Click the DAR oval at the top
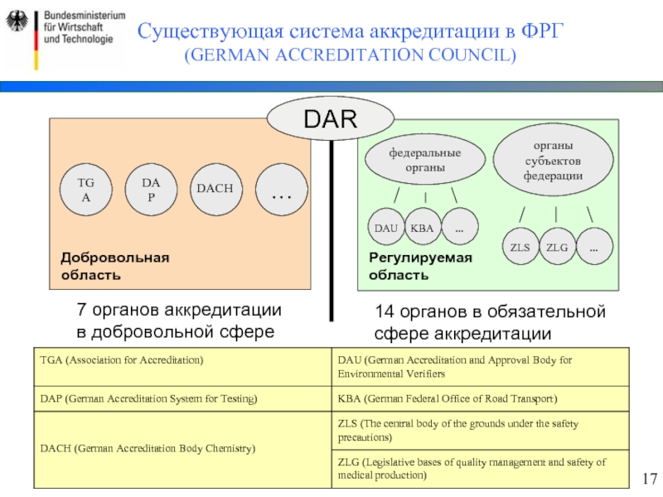point(330,119)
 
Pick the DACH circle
point(214,190)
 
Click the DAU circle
point(385,228)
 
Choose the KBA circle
point(421,228)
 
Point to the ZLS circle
point(520,248)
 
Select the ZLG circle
point(557,248)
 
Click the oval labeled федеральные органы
point(425,160)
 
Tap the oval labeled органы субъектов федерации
point(553,155)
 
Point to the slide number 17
point(649,479)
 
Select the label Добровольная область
point(114,265)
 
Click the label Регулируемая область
point(420,265)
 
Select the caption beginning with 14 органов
point(490,322)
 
